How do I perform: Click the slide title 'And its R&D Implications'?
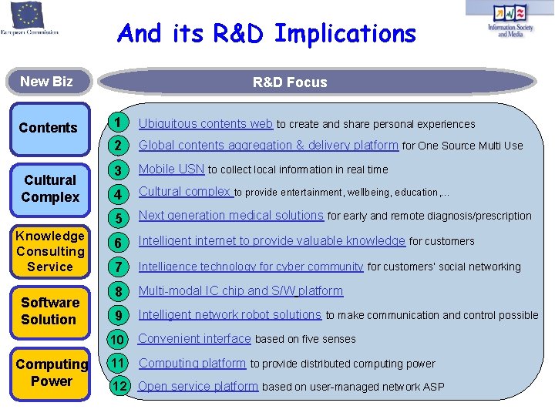(x=266, y=34)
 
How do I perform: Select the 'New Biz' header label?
(x=46, y=82)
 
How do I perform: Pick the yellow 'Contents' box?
(x=49, y=128)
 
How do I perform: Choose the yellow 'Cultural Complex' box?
(x=50, y=189)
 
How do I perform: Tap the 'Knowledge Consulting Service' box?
(x=50, y=251)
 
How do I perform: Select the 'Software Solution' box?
(x=50, y=311)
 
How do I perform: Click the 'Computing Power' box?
(x=52, y=373)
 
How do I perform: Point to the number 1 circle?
(x=117, y=123)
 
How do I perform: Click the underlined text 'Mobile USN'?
(x=171, y=169)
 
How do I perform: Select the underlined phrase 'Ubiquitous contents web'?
(x=205, y=123)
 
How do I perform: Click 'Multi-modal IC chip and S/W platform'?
(x=240, y=291)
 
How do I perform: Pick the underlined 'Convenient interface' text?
(x=194, y=338)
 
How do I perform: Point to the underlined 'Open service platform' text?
(x=198, y=386)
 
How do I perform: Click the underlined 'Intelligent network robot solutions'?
(x=230, y=314)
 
